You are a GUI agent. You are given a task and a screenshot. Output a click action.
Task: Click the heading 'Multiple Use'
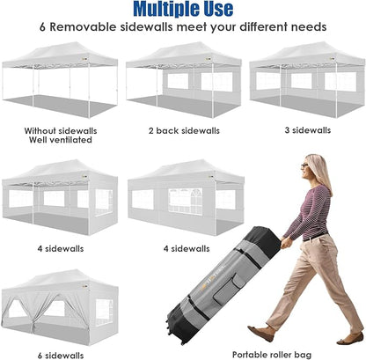coord(182,10)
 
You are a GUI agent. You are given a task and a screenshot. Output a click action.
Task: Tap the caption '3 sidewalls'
coord(304,129)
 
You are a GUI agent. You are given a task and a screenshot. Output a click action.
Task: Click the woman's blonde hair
coord(321,171)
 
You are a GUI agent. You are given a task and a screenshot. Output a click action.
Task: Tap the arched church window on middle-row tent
coord(186,200)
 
